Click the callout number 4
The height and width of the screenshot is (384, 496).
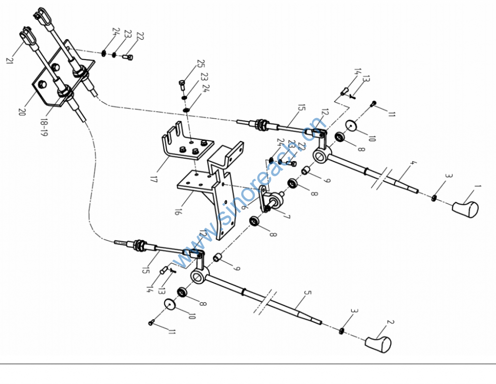[x=412, y=164]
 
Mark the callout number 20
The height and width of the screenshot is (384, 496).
[x=21, y=111]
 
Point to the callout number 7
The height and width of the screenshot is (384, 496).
[x=287, y=217]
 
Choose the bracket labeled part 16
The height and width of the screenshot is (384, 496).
[x=213, y=189]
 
